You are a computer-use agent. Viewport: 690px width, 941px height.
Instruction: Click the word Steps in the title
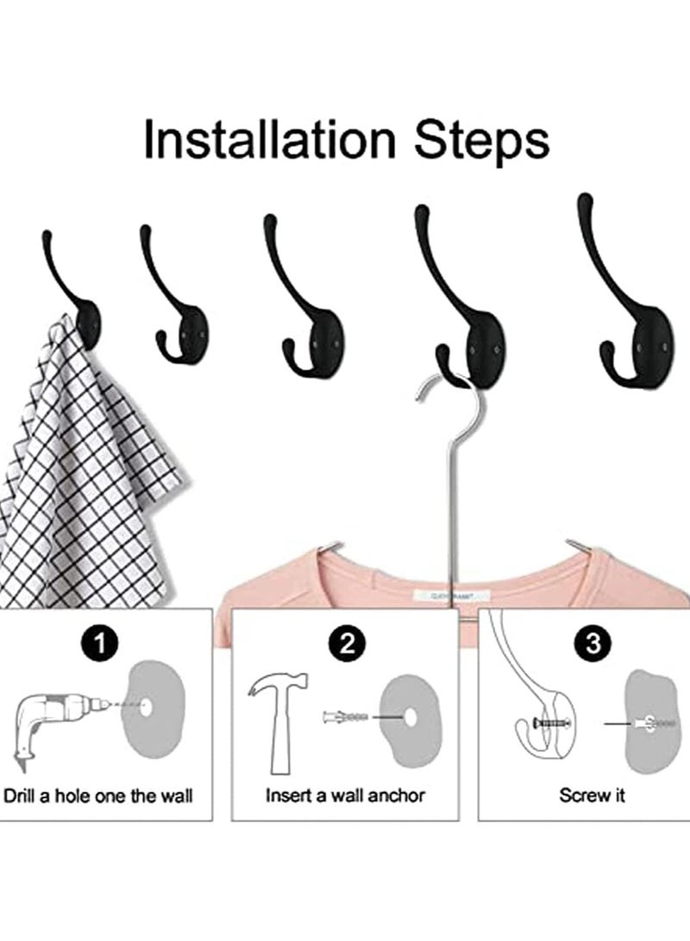481,141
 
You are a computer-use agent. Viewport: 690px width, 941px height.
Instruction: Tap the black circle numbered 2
347,642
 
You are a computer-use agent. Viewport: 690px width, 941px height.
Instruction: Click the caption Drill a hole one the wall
98,794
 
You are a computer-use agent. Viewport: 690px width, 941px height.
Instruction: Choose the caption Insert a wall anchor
345,794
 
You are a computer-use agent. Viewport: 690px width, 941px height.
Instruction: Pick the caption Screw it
592,794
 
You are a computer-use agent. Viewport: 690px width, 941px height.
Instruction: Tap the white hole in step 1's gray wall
147,705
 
